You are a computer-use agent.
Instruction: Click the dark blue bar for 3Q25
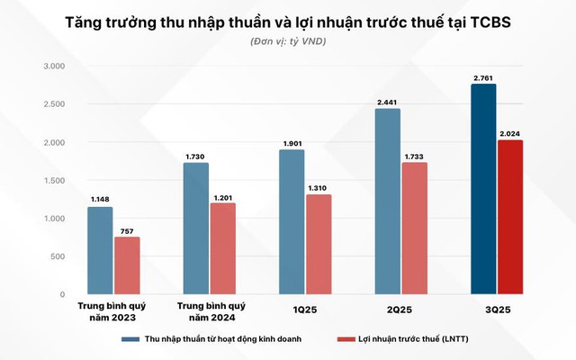[x=483, y=189]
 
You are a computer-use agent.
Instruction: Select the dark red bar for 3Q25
[x=509, y=217]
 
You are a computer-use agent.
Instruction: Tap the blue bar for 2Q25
[x=388, y=202]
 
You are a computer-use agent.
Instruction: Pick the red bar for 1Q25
[x=318, y=244]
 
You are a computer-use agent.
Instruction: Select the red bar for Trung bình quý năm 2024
[x=222, y=248]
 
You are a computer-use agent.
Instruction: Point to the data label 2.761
[x=484, y=78]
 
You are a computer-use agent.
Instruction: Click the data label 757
[x=127, y=231]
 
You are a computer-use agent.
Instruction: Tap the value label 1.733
[x=415, y=157]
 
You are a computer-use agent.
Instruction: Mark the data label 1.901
[x=292, y=144]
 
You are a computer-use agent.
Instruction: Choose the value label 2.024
[x=509, y=134]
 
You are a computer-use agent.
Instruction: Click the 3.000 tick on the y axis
[x=54, y=67]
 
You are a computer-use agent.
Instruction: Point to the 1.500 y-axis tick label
[x=54, y=181]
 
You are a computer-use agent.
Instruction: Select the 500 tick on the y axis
[x=58, y=256]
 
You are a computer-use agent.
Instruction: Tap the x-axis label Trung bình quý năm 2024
[x=209, y=311]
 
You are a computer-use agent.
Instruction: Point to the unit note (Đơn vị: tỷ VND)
[x=287, y=42]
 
